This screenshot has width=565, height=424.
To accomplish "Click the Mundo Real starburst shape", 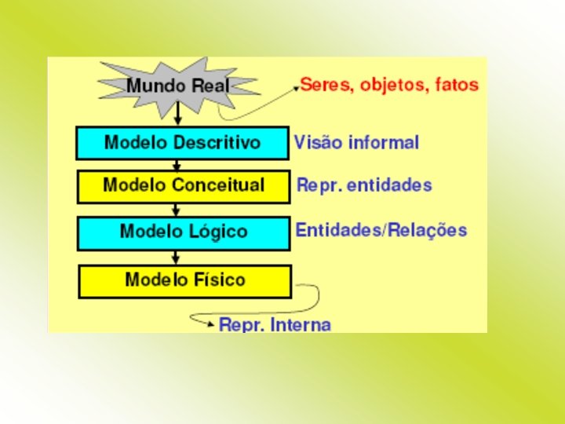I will (x=179, y=84).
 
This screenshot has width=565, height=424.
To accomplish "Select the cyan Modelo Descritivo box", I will (x=182, y=143).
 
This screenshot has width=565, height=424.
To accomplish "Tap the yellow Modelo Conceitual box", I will (x=184, y=186).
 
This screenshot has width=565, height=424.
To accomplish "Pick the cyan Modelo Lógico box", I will (x=184, y=232).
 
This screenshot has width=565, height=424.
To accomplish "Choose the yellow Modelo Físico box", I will (x=184, y=280).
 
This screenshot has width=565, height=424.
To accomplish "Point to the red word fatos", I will (x=456, y=84).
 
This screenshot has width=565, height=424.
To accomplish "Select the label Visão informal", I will (x=356, y=143).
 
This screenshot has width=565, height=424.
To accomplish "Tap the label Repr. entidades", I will (x=364, y=186).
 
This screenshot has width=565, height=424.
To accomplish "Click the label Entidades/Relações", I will (x=381, y=231).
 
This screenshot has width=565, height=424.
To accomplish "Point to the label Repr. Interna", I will (x=275, y=324).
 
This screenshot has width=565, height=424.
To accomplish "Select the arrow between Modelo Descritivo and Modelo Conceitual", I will (x=178, y=165).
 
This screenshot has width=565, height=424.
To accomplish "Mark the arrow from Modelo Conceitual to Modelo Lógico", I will (x=177, y=210).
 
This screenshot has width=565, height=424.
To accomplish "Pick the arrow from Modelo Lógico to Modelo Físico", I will (x=177, y=257).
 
